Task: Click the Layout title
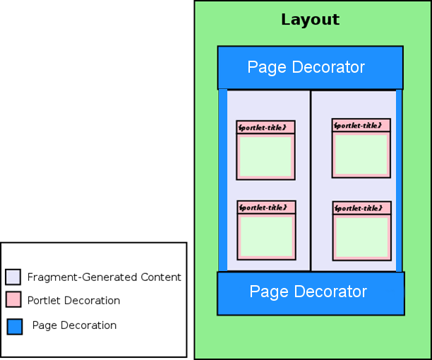[x=310, y=20]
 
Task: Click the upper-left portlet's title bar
[x=265, y=127]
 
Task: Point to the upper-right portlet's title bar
[x=361, y=125]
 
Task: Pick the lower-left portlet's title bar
[x=265, y=208]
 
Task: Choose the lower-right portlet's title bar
[x=361, y=208]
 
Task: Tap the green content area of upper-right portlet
[x=361, y=153]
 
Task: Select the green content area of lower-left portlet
[x=265, y=236]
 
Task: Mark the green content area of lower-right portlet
[x=361, y=236]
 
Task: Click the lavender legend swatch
[x=13, y=277]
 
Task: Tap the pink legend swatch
[x=13, y=300]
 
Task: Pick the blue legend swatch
[x=14, y=326]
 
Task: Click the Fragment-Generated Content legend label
[x=104, y=277]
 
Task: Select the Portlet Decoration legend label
[x=73, y=301]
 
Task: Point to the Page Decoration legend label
[x=74, y=325]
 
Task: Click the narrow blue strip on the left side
[x=222, y=180]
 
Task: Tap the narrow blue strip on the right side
[x=400, y=180]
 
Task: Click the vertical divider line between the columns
[x=311, y=180]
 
